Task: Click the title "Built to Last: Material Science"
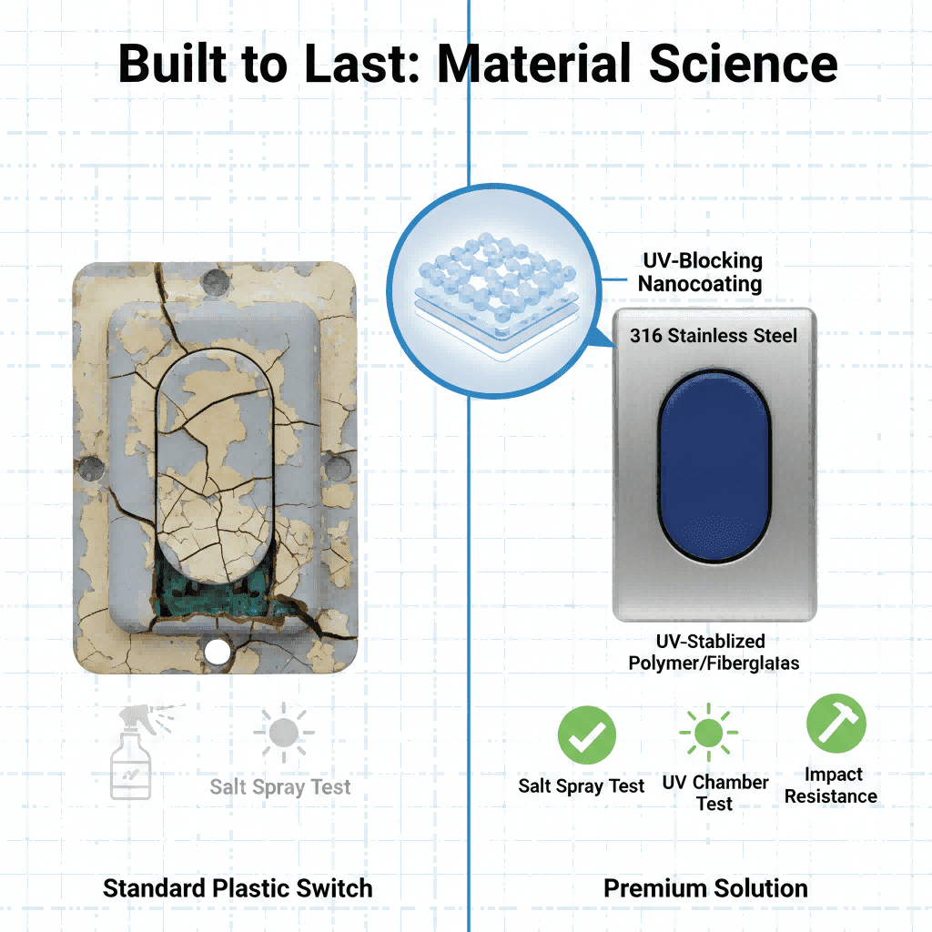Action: (x=477, y=64)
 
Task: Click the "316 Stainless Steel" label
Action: (x=714, y=336)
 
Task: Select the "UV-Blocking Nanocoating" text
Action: (x=700, y=272)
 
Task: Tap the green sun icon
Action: (x=708, y=731)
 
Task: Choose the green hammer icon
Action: (x=836, y=724)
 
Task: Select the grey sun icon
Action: (x=284, y=732)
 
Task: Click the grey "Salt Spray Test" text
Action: (x=279, y=787)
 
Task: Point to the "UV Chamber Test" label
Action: (x=714, y=793)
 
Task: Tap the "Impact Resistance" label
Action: (x=831, y=785)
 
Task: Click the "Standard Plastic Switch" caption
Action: (x=238, y=888)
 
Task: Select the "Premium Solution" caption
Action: (x=705, y=888)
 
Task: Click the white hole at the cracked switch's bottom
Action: (x=217, y=651)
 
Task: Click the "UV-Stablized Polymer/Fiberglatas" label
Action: (x=714, y=653)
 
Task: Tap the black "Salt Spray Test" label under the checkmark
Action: (x=582, y=786)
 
